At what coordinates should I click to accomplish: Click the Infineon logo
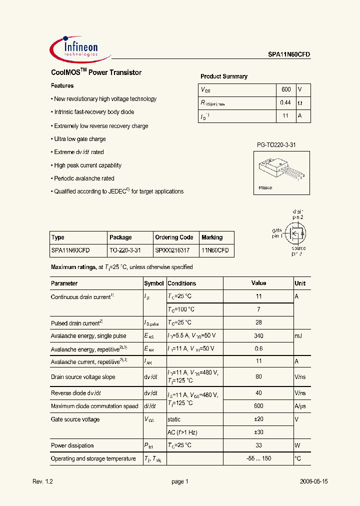[75, 48]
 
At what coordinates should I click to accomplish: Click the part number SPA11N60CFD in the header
[285, 55]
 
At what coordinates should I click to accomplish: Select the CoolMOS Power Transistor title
[96, 72]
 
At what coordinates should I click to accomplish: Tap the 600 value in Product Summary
[286, 89]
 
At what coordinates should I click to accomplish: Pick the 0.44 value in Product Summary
[285, 102]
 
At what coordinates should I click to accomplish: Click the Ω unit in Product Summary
[300, 103]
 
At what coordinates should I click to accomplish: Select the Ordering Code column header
[174, 237]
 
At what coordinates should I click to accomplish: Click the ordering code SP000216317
[172, 250]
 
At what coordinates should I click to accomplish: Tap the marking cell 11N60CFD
[215, 250]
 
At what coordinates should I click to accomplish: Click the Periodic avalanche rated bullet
[83, 178]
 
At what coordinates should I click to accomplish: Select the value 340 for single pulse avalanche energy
[258, 336]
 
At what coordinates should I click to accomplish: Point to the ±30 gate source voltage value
[258, 432]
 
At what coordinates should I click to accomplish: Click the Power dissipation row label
[72, 445]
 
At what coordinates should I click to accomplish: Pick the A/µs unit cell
[301, 406]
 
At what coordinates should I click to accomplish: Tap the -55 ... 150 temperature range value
[258, 458]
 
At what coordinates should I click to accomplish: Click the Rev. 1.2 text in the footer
[42, 481]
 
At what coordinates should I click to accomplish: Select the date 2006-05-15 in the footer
[314, 481]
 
